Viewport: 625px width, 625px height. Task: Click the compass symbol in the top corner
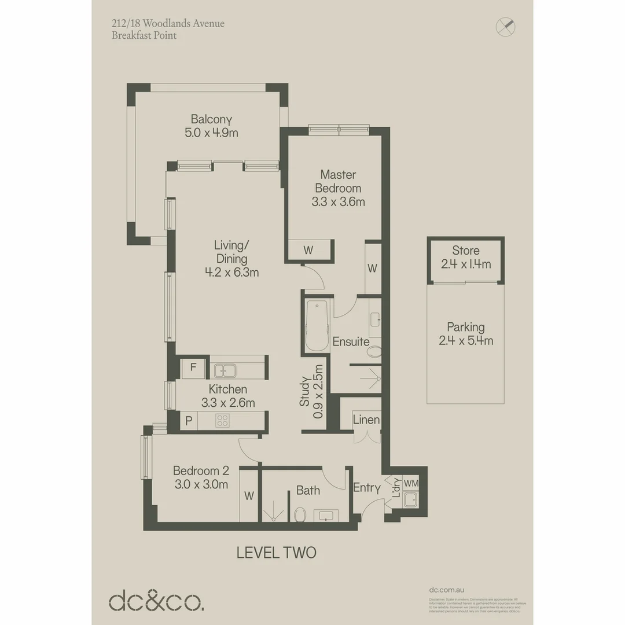pyautogui.click(x=506, y=26)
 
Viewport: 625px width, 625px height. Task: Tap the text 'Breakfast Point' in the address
pyautogui.click(x=144, y=35)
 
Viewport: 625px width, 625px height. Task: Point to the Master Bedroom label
pyautogui.click(x=338, y=181)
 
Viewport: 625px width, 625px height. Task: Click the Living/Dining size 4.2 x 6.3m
pyautogui.click(x=231, y=272)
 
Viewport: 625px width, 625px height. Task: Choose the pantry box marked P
pyautogui.click(x=189, y=421)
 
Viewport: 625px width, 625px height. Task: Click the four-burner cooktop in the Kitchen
pyautogui.click(x=222, y=421)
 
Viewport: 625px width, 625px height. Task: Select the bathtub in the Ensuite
pyautogui.click(x=317, y=326)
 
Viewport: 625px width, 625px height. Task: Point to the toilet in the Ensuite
pyautogui.click(x=374, y=351)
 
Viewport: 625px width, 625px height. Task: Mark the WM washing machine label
pyautogui.click(x=411, y=483)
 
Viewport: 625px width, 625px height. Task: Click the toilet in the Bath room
pyautogui.click(x=300, y=513)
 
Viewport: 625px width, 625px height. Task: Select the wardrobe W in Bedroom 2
pyautogui.click(x=249, y=495)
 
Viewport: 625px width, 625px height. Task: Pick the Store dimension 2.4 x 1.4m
pyautogui.click(x=466, y=264)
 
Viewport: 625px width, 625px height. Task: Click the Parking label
pyautogui.click(x=466, y=327)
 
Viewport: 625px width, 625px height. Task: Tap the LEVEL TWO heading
pyautogui.click(x=277, y=552)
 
